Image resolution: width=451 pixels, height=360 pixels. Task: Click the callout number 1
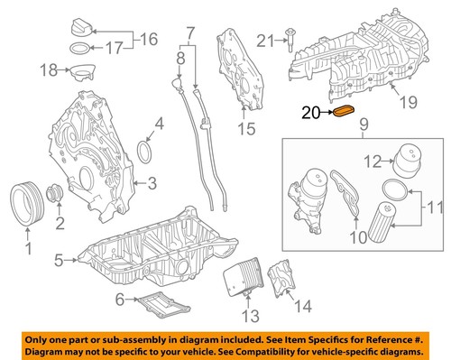[28, 244]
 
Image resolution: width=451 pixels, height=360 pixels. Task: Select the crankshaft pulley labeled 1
[29, 199]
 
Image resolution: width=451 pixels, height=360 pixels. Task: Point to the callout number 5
[58, 262]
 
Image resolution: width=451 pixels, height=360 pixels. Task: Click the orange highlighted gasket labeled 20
[345, 113]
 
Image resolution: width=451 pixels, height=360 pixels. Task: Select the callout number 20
[310, 114]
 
